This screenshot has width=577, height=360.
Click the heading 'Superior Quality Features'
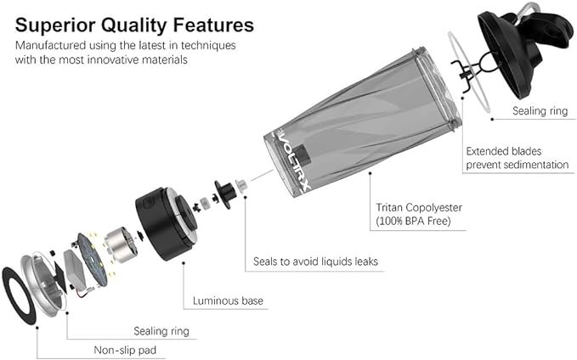pyautogui.click(x=134, y=25)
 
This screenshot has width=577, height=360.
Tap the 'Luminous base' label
pyautogui.click(x=228, y=301)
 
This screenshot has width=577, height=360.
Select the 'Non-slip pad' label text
pyautogui.click(x=125, y=350)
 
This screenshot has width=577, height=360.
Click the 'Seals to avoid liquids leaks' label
pyautogui.click(x=315, y=262)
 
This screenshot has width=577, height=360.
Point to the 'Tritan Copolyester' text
pyautogui.click(x=419, y=207)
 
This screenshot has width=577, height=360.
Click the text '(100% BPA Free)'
pyautogui.click(x=413, y=221)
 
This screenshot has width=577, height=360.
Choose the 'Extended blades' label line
pyautogui.click(x=504, y=151)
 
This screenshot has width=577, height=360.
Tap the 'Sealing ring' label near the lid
pyautogui.click(x=540, y=110)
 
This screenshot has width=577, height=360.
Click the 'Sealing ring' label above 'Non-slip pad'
pyautogui.click(x=161, y=331)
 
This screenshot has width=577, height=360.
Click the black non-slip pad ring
pyautogui.click(x=20, y=295)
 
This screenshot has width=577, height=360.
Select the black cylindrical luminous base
pyautogui.click(x=166, y=223)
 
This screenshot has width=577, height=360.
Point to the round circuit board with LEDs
pyautogui.click(x=93, y=259)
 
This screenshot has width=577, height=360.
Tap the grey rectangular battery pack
pyautogui.click(x=75, y=270)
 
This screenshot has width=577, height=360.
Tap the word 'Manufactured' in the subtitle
pyautogui.click(x=50, y=45)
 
